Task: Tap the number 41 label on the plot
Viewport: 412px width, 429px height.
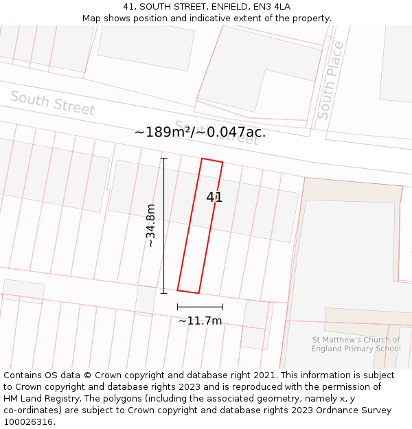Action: [x=214, y=198]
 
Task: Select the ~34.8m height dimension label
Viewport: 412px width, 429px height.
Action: [x=150, y=226]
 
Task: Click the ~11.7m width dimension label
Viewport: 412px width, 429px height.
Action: [x=200, y=321]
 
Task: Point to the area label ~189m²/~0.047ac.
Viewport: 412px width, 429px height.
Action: [x=200, y=132]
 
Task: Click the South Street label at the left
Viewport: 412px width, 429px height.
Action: [x=52, y=104]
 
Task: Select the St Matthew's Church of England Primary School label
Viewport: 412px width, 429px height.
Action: [x=355, y=344]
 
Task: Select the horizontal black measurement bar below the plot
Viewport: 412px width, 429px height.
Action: [x=200, y=307]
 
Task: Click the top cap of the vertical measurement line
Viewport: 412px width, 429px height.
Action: [x=164, y=159]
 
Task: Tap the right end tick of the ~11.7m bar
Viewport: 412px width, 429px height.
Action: [x=222, y=307]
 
